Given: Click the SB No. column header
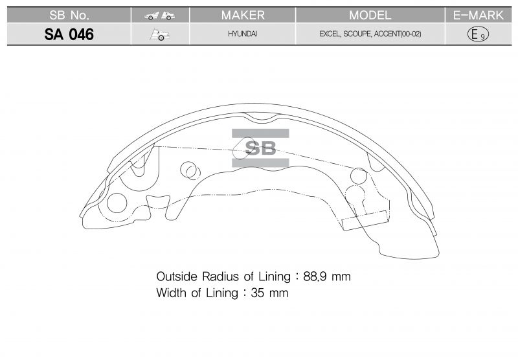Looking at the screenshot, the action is [69, 15].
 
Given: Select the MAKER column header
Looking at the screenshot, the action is [243, 15].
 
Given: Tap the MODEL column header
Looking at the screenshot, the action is [370, 15].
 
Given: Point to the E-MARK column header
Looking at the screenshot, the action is [478, 15].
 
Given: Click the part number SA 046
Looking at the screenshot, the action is [69, 34].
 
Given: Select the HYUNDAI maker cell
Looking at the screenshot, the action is [242, 34].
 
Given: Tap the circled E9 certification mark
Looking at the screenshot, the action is [478, 34].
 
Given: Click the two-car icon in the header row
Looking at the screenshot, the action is [159, 16].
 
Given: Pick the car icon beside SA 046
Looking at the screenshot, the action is [160, 35].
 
